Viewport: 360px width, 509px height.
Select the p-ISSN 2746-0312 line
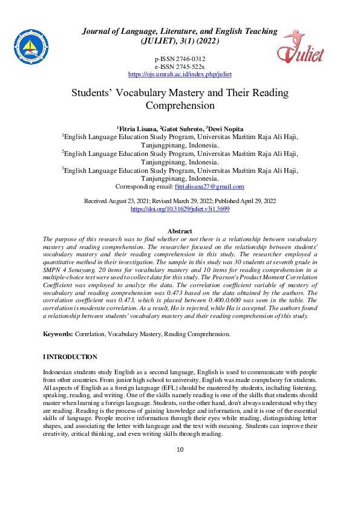180,58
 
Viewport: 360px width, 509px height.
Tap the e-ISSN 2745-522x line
180,66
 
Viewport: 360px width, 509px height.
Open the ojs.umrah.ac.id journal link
180,74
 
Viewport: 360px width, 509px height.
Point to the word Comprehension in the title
180,105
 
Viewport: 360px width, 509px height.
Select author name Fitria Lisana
137,129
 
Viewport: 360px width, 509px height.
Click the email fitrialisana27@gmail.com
209,187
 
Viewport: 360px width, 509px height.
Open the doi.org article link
180,208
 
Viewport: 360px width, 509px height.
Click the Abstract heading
180,232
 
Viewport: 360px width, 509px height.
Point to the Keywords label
57,334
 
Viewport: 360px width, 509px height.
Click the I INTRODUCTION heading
70,357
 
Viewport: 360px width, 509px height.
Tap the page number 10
180,450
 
